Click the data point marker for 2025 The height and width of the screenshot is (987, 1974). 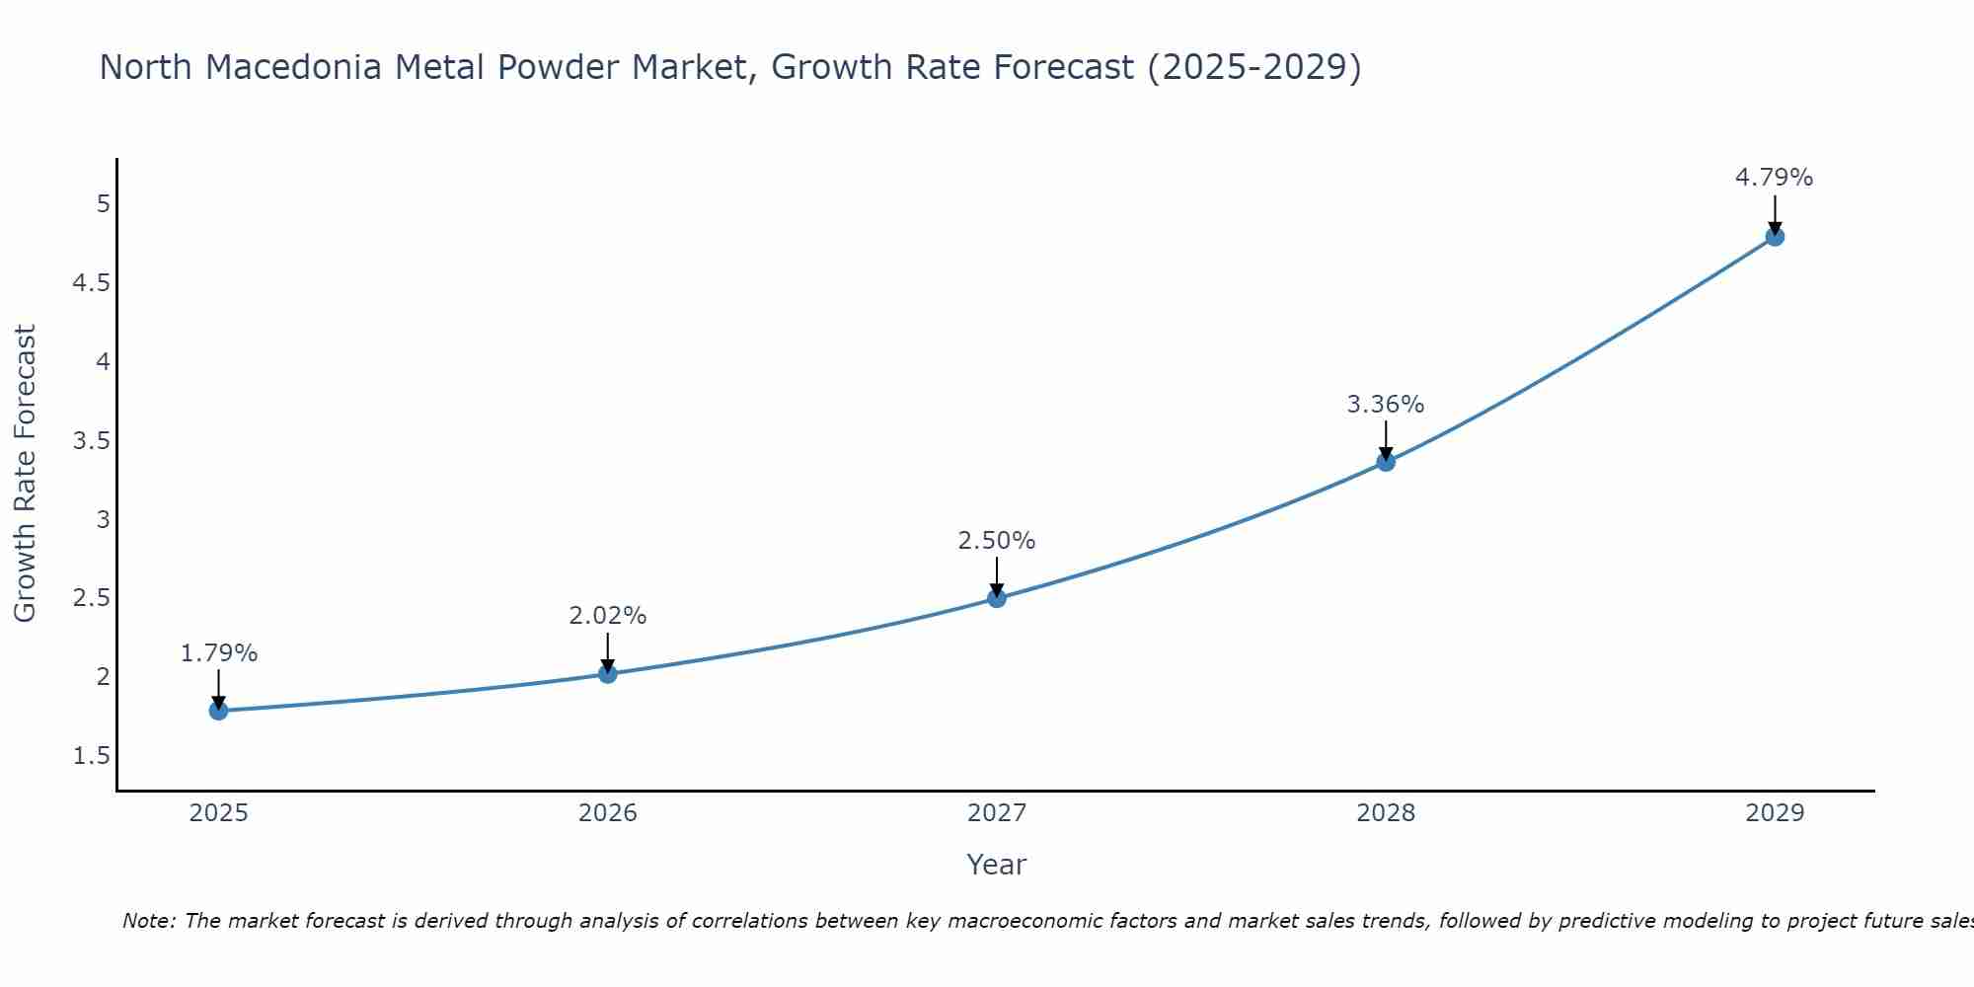coord(219,711)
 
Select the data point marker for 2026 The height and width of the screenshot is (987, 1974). coord(608,674)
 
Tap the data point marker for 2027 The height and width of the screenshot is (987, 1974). coord(997,598)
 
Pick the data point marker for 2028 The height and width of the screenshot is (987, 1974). coord(1386,462)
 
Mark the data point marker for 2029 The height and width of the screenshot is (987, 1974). coord(1775,237)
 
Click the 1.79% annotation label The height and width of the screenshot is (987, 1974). coord(219,653)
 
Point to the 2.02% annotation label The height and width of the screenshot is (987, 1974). coord(608,616)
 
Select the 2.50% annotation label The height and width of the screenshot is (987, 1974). coord(997,541)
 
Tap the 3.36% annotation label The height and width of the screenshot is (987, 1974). coord(1386,405)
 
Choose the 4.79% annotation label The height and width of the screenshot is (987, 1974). coord(1775,178)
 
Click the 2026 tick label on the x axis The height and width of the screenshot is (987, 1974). coord(608,813)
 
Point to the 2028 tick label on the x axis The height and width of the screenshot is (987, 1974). coord(1386,813)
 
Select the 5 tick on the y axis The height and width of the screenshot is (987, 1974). coord(103,204)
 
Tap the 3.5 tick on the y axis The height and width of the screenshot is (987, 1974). coord(92,441)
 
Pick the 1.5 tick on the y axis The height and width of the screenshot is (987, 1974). coord(92,756)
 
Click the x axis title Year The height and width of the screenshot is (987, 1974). coord(997,865)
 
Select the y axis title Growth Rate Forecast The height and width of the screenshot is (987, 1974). coord(25,474)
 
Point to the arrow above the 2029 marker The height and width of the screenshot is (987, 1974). coord(1775,212)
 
